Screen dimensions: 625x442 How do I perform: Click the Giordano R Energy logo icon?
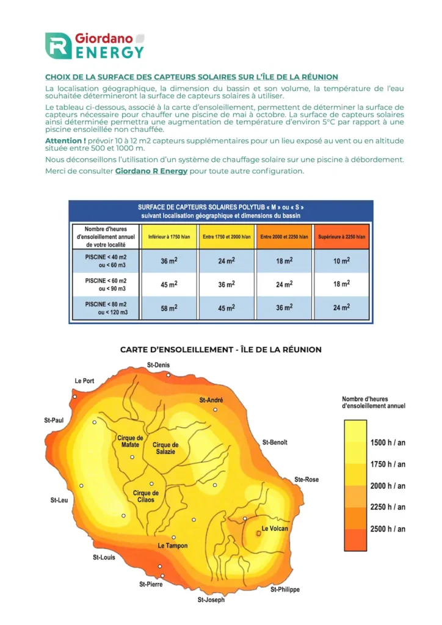point(59,46)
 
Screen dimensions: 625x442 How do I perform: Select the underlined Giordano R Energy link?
point(151,171)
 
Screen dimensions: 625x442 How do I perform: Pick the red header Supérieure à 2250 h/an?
point(341,236)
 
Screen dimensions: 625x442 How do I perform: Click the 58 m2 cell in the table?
point(168,308)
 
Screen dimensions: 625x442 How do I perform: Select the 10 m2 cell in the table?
point(341,261)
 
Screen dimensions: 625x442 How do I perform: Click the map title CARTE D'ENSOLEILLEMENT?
point(220,350)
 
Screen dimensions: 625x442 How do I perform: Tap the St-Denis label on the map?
point(159,365)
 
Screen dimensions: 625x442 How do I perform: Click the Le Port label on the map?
point(84,381)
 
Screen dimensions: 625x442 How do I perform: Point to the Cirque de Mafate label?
point(130,441)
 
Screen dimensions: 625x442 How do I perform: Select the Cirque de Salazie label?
point(165,448)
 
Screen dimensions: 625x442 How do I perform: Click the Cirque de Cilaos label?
point(145,496)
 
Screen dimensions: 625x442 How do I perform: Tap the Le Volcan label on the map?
point(275,529)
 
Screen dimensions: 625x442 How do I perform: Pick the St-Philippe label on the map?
point(285,590)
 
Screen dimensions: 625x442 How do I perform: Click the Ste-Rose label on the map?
point(306,480)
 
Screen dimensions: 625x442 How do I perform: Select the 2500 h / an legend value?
point(388,529)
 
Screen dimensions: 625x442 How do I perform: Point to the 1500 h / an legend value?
point(388,443)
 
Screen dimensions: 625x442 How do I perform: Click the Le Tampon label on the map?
point(173,546)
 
